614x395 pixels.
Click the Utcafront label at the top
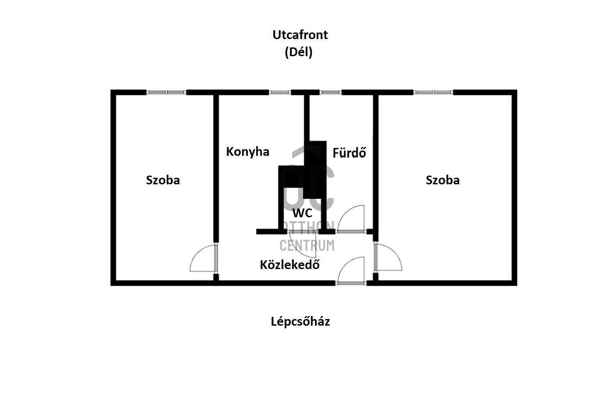[300, 35]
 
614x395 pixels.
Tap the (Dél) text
[299, 52]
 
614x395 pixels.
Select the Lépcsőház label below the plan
[300, 321]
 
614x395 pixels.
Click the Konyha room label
[248, 152]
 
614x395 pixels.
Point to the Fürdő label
[349, 152]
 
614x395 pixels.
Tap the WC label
[302, 213]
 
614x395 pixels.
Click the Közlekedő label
[290, 264]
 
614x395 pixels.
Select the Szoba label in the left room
[163, 180]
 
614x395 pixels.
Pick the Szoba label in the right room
[443, 180]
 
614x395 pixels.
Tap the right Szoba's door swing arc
[394, 251]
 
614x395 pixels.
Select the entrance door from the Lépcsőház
[351, 270]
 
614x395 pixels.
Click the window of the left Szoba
[166, 93]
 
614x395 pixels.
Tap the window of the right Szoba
[433, 93]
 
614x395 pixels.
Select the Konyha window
[280, 93]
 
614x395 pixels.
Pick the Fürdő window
[331, 93]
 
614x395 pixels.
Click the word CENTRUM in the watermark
[307, 245]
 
